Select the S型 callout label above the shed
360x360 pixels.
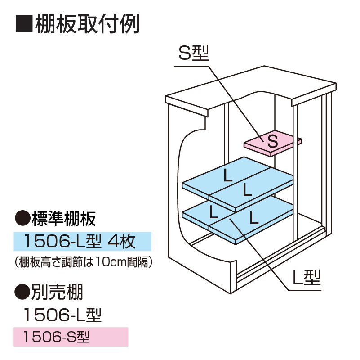tap(194, 54)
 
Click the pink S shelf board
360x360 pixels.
tap(272, 144)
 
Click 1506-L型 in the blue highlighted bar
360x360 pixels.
tap(63, 242)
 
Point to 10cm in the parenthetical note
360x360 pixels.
tap(106, 261)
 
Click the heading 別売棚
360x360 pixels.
tap(57, 293)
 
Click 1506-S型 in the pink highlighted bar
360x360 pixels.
tap(57, 336)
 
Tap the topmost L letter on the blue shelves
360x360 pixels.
tap(228, 176)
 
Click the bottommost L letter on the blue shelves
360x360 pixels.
tap(253, 218)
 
